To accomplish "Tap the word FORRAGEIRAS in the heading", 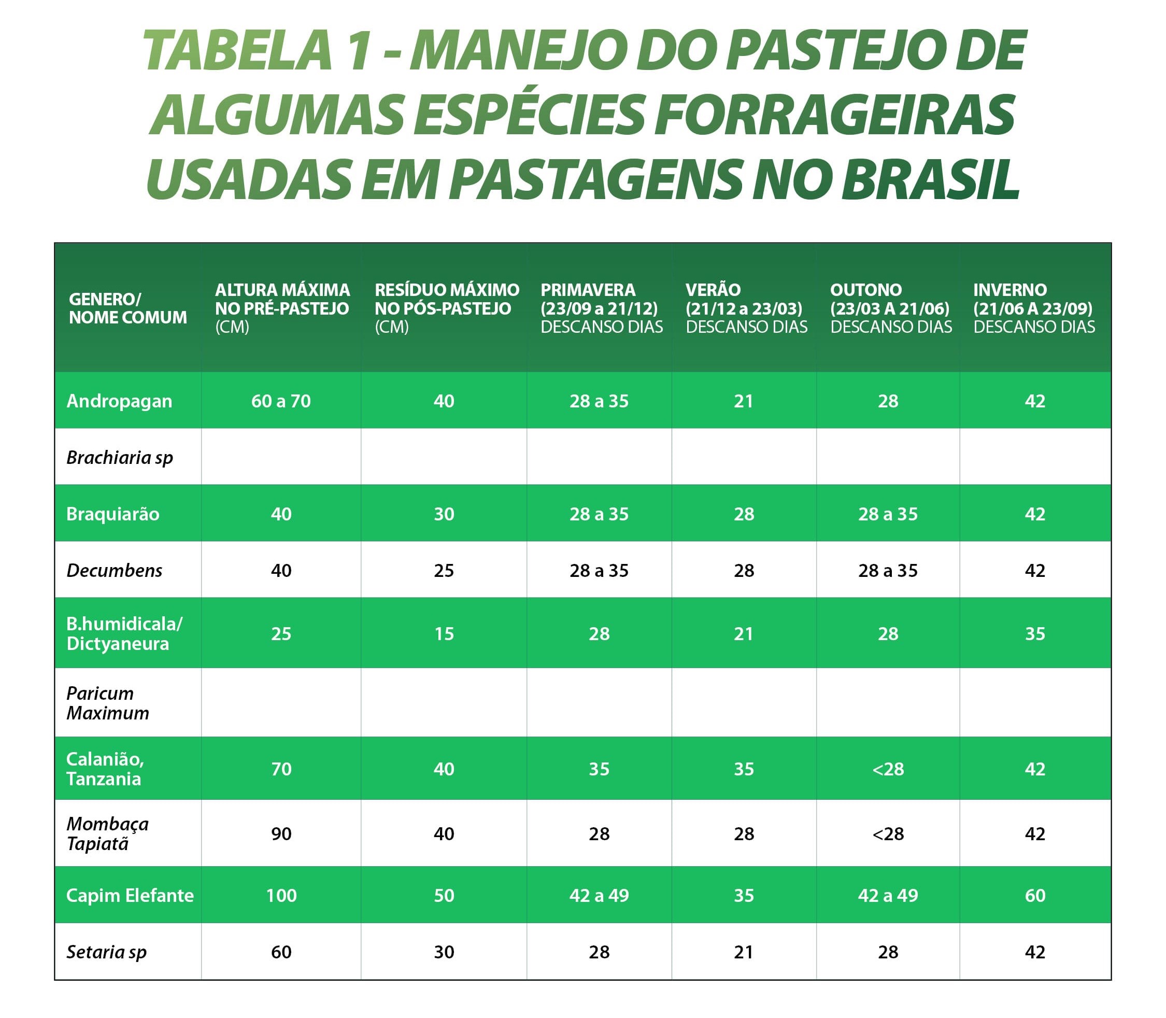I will pos(834,115).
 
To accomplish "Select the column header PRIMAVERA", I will pos(588,290).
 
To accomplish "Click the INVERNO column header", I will pos(1010,290).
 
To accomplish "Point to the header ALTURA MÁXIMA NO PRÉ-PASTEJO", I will pos(282,300).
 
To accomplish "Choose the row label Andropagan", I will pos(119,401).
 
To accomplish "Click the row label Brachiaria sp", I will pos(120,457).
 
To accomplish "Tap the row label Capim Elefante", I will pos(130,895).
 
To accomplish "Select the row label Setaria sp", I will pos(107,952).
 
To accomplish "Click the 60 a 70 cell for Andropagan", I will pos(281,401).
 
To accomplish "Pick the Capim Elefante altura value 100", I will pos(281,895).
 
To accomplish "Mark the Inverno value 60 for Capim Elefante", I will pos(1035,895).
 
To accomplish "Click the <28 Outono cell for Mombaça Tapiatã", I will pos(888,834).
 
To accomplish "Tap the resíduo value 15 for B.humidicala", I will pos(444,633).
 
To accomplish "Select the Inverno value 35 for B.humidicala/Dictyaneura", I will pos(1035,633).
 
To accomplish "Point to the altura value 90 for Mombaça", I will pos(281,834).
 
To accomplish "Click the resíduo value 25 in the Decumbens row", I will pos(444,570).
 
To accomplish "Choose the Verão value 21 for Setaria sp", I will pos(744,952).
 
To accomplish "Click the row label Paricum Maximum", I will pos(108,703).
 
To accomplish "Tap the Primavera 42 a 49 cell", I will pos(599,895).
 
